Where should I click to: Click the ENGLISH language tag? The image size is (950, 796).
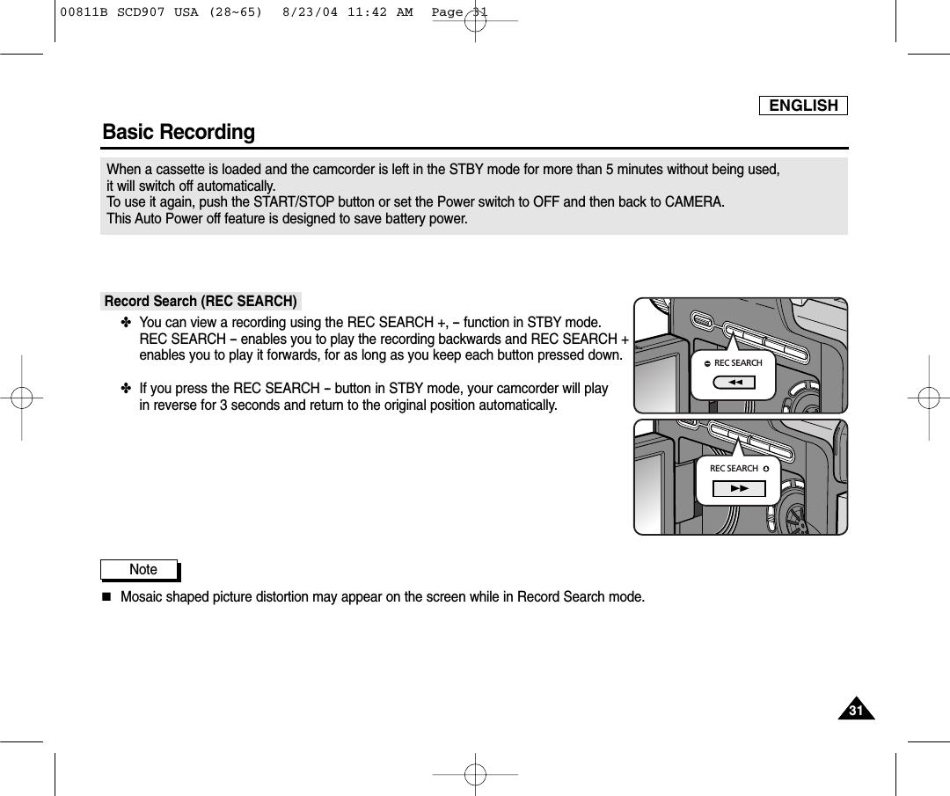[803, 106]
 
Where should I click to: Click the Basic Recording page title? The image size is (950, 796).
[179, 132]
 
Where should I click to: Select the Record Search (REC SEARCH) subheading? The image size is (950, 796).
[201, 301]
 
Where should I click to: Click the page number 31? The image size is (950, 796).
[856, 710]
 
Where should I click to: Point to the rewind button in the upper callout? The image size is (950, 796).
[735, 382]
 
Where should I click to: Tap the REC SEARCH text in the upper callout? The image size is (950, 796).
[738, 362]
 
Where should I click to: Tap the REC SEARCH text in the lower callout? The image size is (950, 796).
[734, 469]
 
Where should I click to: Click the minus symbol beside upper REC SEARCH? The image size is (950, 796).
[706, 363]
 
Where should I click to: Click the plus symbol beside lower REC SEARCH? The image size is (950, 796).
[766, 469]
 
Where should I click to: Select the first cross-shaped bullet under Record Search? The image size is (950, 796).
[125, 323]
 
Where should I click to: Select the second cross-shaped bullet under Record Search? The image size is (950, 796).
[125, 389]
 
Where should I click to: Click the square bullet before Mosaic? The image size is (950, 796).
[106, 598]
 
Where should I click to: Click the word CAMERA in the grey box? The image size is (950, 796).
[695, 202]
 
